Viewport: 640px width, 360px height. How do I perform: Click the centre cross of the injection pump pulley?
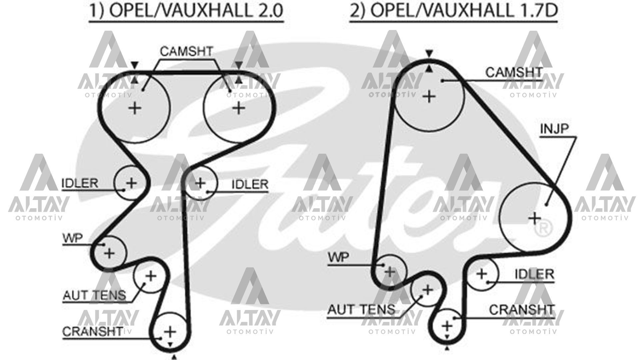click(x=535, y=219)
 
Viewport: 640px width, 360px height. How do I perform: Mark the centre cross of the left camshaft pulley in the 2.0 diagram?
click(x=135, y=108)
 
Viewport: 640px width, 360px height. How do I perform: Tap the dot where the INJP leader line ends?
click(x=546, y=204)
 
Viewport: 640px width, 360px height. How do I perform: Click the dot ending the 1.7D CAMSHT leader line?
click(x=443, y=80)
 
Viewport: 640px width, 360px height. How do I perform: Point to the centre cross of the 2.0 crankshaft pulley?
click(x=170, y=331)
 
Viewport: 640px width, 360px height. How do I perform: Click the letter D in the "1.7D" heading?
click(x=550, y=11)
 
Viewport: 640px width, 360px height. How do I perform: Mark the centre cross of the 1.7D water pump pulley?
click(x=389, y=272)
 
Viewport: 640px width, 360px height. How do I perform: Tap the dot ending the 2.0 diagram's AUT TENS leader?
click(x=145, y=284)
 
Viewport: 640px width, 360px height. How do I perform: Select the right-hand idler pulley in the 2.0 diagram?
click(x=201, y=183)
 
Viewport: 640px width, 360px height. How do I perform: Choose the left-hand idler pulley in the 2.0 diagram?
click(x=131, y=183)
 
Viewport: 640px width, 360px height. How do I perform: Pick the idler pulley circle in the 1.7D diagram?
click(x=482, y=274)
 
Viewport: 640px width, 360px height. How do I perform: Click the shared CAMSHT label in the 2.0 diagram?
click(x=186, y=51)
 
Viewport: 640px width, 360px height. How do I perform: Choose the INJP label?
click(x=554, y=129)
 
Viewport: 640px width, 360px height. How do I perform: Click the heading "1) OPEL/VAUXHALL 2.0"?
click(x=186, y=11)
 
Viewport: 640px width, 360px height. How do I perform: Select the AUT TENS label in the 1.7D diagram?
click(x=361, y=310)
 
